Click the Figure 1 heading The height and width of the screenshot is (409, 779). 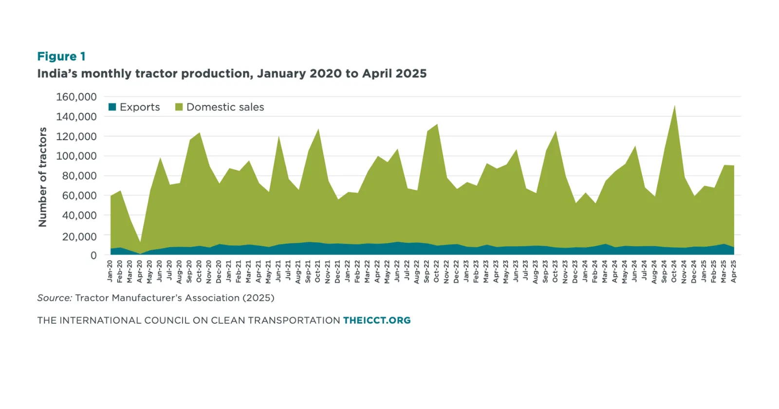[x=61, y=56]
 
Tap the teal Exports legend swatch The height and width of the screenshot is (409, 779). [x=112, y=107]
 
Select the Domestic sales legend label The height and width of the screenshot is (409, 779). [x=225, y=107]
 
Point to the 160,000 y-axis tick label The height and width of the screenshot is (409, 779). [x=76, y=97]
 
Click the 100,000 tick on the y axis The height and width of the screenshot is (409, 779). [x=76, y=156]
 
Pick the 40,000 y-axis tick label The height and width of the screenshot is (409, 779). [x=79, y=215]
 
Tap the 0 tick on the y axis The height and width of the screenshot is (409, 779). [x=93, y=255]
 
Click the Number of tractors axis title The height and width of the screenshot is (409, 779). [x=43, y=177]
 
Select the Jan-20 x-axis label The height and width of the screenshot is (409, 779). [x=110, y=271]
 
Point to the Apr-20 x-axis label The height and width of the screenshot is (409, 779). [x=140, y=271]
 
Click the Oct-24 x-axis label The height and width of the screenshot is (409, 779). [x=674, y=271]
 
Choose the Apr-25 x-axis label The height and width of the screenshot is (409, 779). [x=734, y=271]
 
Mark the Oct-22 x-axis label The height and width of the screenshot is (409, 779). [x=437, y=271]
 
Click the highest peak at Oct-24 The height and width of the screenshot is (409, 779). [x=674, y=106]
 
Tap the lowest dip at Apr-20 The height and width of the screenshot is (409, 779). [x=140, y=242]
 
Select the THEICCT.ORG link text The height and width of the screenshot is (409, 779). [x=377, y=320]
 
